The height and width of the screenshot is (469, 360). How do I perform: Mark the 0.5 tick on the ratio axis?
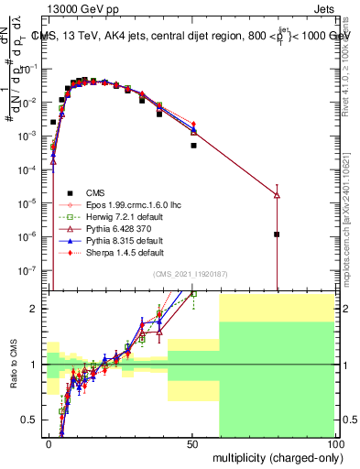[x=36, y=420]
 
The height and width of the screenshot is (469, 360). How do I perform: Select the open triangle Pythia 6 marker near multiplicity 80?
[x=277, y=195]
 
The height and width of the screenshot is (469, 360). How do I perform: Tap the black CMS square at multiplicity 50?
[x=193, y=145]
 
